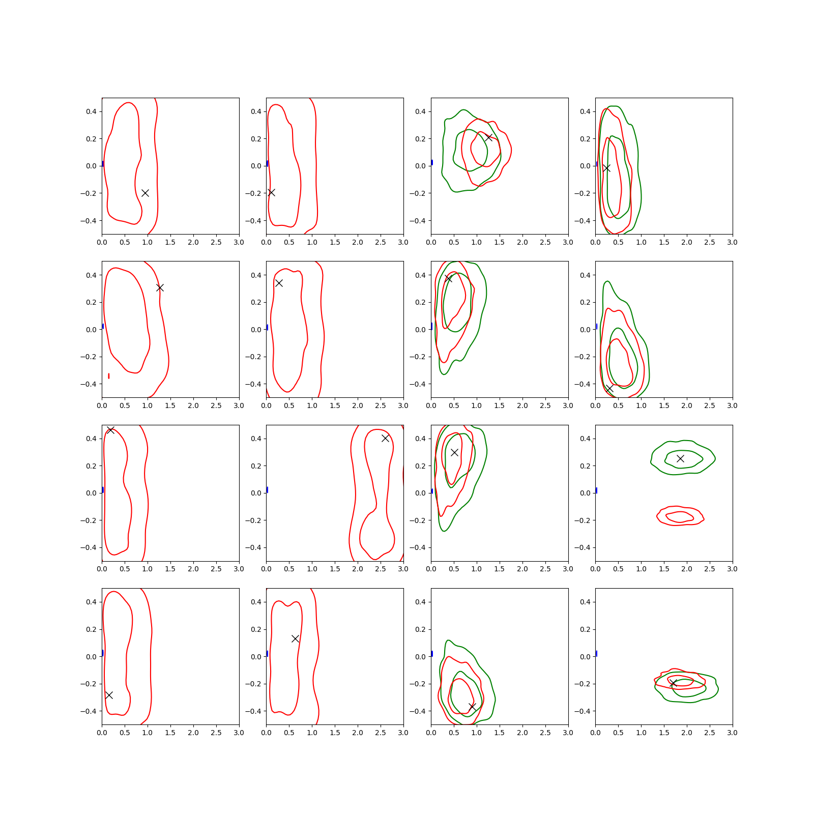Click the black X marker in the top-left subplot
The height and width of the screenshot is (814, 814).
coord(145,193)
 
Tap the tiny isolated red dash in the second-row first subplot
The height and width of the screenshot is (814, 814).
coord(109,376)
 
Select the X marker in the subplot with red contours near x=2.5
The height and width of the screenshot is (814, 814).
coord(385,438)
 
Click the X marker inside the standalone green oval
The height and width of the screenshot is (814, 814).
coord(680,458)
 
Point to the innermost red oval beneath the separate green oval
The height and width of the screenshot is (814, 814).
coord(680,517)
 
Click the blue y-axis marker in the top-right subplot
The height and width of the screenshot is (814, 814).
coord(597,164)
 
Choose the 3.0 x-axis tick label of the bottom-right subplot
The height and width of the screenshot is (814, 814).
coord(732,733)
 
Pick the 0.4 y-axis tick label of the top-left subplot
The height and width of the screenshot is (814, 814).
coord(92,111)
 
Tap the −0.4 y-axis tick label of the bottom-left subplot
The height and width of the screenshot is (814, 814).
coord(88,711)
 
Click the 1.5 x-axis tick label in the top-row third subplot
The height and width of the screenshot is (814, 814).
coord(500,242)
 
